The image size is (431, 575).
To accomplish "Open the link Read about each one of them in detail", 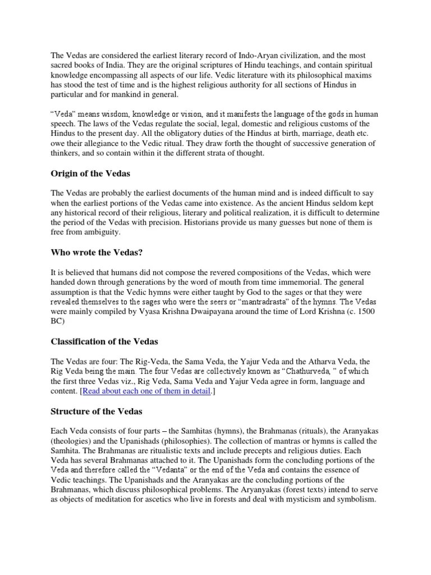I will point(146,391).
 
